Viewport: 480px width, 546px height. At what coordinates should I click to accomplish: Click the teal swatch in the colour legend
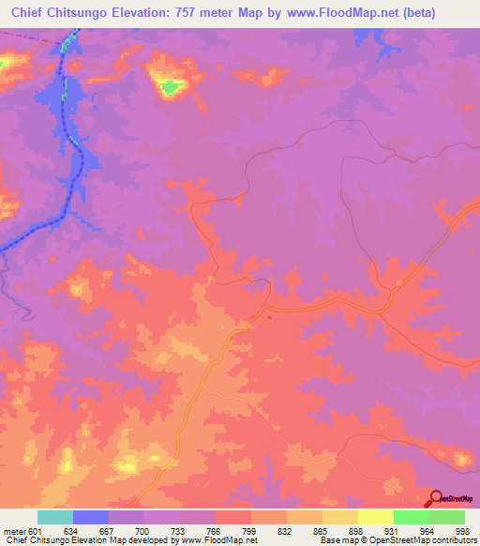54,518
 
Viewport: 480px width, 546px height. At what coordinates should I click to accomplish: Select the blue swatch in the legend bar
91,518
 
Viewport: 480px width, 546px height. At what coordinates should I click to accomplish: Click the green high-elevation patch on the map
170,88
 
